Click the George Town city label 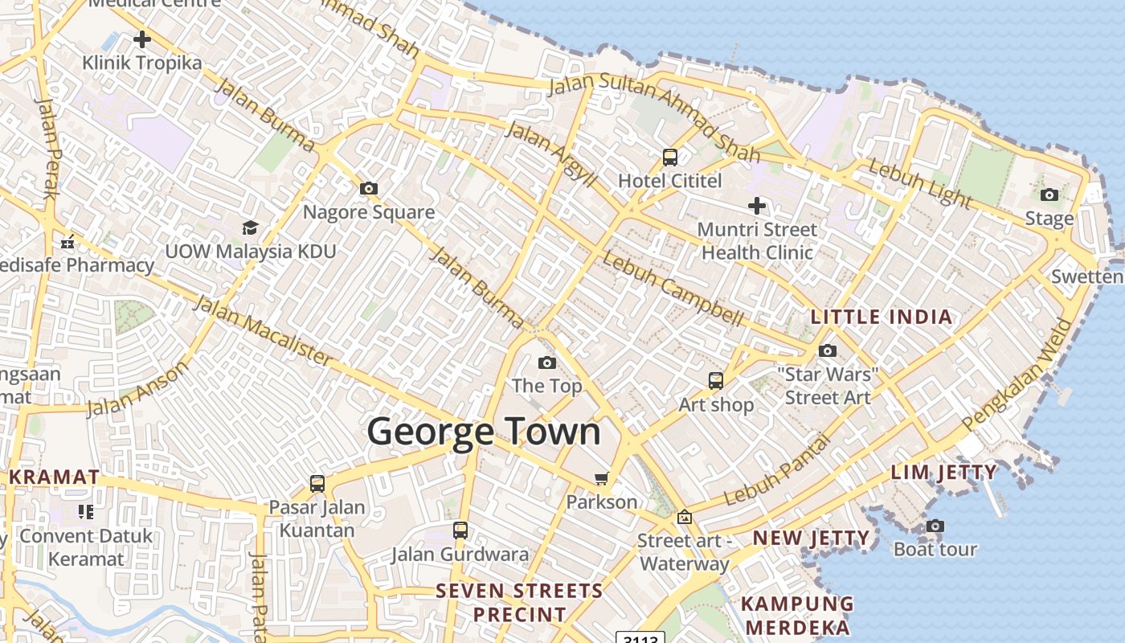[x=484, y=432]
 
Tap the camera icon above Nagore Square [x=369, y=189]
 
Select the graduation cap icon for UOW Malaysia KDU [x=250, y=227]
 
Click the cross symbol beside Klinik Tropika [x=142, y=39]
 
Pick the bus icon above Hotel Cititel [x=670, y=158]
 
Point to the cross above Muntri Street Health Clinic [x=756, y=206]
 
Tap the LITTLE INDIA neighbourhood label [x=882, y=317]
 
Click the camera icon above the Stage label [x=1049, y=195]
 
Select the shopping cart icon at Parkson [x=601, y=479]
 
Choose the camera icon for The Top [x=547, y=363]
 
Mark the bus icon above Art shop [x=715, y=381]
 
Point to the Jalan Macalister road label [x=262, y=330]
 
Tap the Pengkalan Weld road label [x=1017, y=375]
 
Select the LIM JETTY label [x=943, y=473]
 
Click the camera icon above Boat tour [x=935, y=526]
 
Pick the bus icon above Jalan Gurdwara [x=460, y=530]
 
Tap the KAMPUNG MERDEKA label [x=796, y=616]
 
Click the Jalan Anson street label [x=137, y=389]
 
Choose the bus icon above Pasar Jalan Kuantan [x=317, y=484]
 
